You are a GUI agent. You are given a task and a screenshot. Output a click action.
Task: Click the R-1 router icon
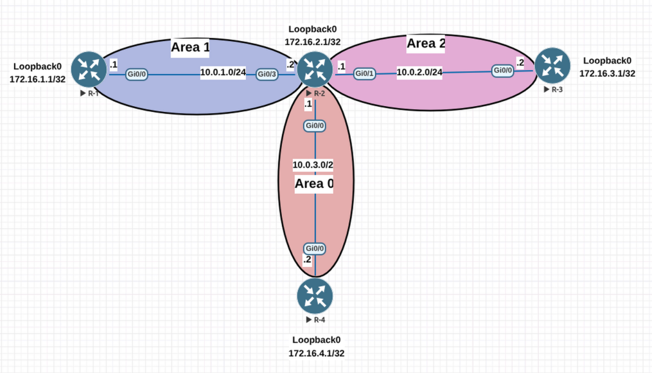pos(89,69)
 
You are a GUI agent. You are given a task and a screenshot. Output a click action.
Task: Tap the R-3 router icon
pos(552,66)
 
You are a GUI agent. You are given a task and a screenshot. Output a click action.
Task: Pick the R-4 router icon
pos(315,296)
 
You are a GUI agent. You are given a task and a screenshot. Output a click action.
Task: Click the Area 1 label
pos(190,47)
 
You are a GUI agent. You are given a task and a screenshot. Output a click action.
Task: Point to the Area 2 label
pos(426,44)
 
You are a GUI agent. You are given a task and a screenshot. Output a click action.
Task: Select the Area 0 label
pos(314,184)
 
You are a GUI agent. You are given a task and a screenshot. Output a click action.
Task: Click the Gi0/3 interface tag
pos(268,75)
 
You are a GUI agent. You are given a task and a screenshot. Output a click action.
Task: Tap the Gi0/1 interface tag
pos(365,73)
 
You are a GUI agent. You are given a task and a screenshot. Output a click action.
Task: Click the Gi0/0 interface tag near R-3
pos(503,70)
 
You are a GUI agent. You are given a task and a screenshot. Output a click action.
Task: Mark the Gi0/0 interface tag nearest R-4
pos(315,248)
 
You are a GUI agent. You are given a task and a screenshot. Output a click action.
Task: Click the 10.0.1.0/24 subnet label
pos(223,72)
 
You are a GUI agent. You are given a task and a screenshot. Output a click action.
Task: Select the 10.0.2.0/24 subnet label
pos(419,72)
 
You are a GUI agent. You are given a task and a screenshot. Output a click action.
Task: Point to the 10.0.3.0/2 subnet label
pos(313,165)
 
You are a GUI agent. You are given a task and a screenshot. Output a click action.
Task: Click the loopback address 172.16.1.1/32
pos(37,79)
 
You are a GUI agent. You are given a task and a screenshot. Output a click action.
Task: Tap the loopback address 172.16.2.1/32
pos(313,41)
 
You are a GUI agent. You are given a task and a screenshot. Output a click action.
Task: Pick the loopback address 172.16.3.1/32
pos(607,73)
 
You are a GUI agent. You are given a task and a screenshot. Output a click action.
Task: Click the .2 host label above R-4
pos(307,260)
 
